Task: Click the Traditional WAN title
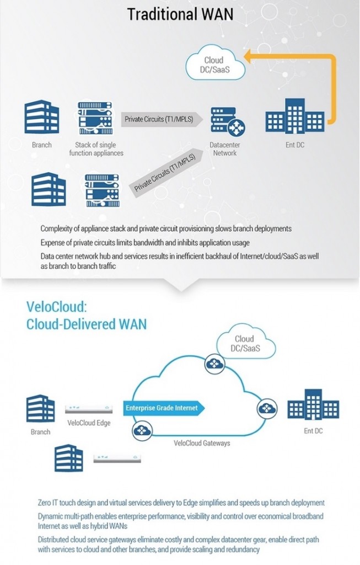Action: pyautogui.click(x=180, y=14)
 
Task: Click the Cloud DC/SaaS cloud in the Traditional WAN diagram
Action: pyautogui.click(x=214, y=65)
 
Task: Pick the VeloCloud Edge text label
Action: pyautogui.click(x=89, y=423)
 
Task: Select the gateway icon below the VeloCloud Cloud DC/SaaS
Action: pyautogui.click(x=213, y=364)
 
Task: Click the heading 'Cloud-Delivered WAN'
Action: pyautogui.click(x=87, y=323)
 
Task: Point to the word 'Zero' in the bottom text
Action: pyautogui.click(x=47, y=503)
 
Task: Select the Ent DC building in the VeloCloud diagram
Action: pyautogui.click(x=313, y=406)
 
